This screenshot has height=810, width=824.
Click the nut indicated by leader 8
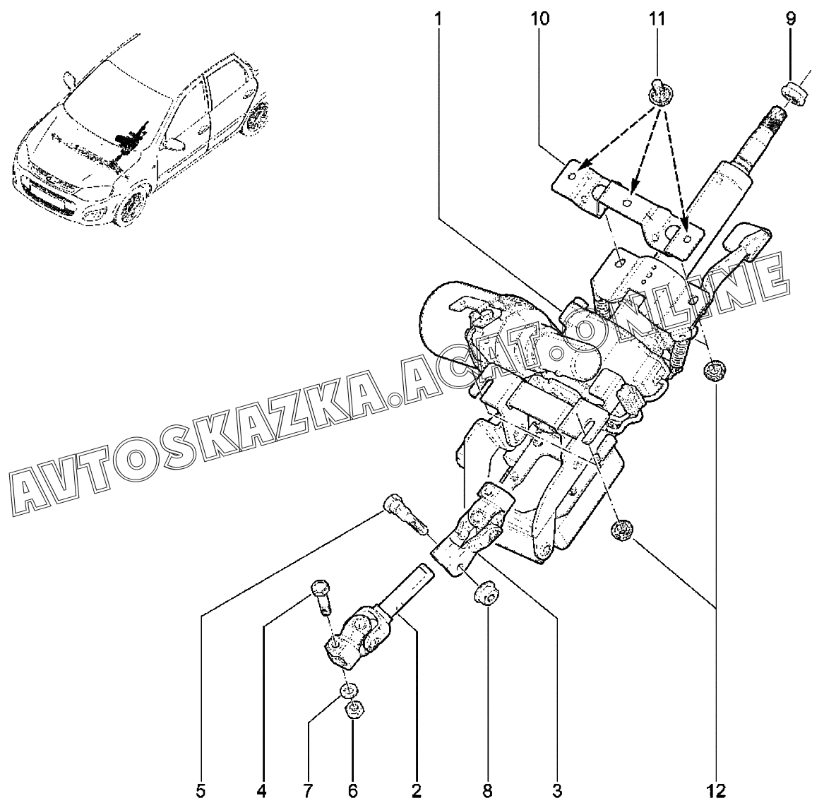pyautogui.click(x=486, y=591)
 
